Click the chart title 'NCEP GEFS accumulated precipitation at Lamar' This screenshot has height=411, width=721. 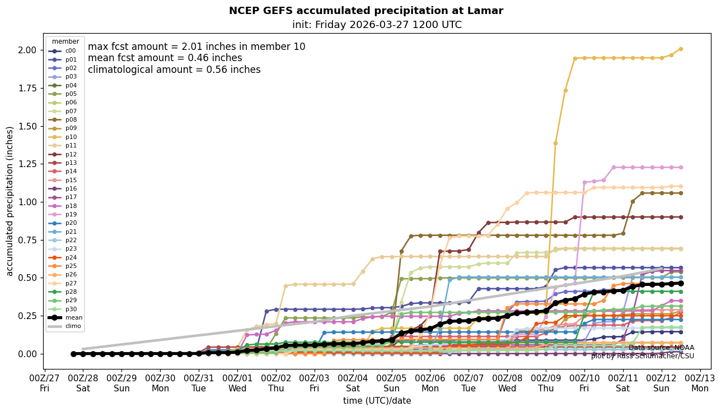click(366, 11)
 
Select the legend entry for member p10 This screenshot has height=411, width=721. click(71, 137)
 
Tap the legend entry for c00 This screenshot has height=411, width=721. click(71, 51)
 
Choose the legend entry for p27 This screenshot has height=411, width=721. click(71, 283)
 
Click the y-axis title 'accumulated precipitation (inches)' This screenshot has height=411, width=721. click(10, 201)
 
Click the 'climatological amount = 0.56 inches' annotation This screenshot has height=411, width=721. click(174, 70)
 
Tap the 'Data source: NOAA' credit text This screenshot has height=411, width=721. click(661, 348)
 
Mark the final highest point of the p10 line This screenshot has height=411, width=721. click(681, 49)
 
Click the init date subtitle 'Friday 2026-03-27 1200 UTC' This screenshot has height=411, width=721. click(377, 25)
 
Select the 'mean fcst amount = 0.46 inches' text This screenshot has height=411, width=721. click(165, 58)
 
